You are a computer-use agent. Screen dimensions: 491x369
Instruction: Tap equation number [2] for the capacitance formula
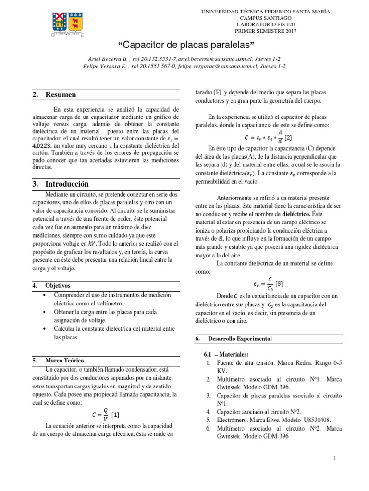(288, 138)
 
